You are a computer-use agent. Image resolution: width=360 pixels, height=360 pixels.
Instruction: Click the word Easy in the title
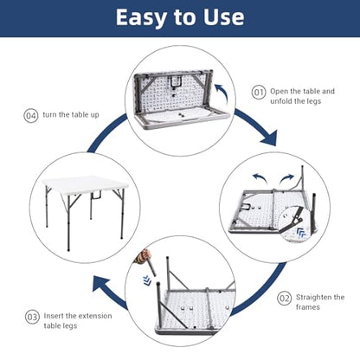(x=141, y=17)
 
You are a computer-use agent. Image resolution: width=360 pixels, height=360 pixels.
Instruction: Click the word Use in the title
(x=223, y=17)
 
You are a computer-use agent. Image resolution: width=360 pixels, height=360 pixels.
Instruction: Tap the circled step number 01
(x=259, y=93)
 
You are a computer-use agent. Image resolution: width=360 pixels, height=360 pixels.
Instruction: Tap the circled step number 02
(x=284, y=299)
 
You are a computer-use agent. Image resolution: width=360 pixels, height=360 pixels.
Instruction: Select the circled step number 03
(x=32, y=317)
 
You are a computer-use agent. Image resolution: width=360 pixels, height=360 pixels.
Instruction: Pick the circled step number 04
(x=30, y=116)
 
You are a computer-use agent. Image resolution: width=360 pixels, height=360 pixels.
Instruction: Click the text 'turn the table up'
(x=71, y=115)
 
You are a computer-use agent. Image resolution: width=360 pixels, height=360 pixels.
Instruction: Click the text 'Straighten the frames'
(x=320, y=302)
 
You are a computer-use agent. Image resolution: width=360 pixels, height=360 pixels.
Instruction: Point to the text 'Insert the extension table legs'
(x=78, y=320)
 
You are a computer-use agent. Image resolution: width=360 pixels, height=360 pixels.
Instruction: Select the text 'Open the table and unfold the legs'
(x=302, y=96)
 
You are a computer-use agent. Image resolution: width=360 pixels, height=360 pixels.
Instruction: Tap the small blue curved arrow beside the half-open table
(x=222, y=93)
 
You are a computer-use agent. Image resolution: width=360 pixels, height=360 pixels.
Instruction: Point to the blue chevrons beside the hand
(x=147, y=280)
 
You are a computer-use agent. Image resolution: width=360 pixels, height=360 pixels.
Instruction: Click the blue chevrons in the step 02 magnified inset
(x=301, y=233)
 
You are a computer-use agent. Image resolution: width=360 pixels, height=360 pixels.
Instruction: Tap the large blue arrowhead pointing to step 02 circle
(x=269, y=138)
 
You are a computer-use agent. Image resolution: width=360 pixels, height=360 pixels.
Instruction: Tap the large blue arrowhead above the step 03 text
(x=101, y=285)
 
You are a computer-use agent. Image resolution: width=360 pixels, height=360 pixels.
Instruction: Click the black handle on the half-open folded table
(x=175, y=81)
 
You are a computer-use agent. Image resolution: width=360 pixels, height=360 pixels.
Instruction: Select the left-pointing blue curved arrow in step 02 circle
(x=260, y=178)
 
